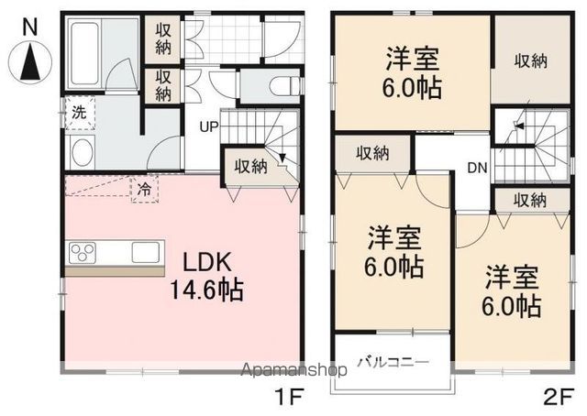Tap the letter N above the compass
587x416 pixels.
click(29, 27)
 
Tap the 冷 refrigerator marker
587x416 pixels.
click(144, 190)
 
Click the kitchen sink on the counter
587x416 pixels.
click(147, 251)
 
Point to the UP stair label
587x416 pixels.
click(208, 126)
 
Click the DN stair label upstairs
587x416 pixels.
click(477, 168)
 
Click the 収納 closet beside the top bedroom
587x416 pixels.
click(530, 61)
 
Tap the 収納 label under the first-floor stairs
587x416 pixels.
click(250, 166)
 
